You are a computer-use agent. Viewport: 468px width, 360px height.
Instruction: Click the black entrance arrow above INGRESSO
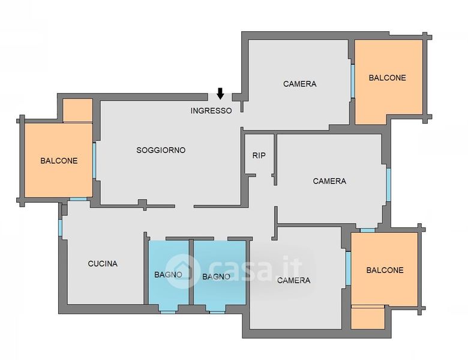[x=220, y=93]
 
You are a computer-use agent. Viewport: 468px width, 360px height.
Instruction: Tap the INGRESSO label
[x=211, y=111]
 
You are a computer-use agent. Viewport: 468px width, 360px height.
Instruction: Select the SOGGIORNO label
[x=161, y=150]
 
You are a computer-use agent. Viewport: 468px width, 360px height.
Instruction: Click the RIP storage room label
[x=259, y=155]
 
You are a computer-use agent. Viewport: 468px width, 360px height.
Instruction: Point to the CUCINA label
[x=103, y=263]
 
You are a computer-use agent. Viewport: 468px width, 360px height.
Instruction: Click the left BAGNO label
[x=168, y=274]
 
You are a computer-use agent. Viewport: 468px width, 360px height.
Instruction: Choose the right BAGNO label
[x=216, y=277]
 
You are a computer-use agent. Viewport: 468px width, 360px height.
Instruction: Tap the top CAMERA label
[x=299, y=84]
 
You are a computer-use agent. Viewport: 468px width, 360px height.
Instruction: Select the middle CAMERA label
[x=329, y=181]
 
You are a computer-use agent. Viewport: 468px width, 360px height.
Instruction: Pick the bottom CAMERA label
[x=293, y=280]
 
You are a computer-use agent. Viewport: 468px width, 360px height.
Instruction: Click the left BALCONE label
[x=59, y=161]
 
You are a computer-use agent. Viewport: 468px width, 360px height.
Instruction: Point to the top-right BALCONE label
[x=388, y=78]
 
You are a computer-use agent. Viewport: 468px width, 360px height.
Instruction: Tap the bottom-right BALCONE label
[x=385, y=270]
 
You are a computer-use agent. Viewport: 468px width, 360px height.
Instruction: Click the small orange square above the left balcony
[x=77, y=110]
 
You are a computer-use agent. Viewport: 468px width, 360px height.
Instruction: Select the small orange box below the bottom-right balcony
[x=368, y=317]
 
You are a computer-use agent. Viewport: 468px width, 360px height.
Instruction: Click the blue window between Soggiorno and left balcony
[x=94, y=161]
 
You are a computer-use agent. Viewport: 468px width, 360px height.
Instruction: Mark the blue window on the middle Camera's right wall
[x=388, y=185]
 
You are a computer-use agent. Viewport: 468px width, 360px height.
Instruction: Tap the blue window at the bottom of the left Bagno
[x=168, y=312]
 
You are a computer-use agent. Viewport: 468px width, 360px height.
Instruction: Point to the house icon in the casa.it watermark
[x=182, y=271]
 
